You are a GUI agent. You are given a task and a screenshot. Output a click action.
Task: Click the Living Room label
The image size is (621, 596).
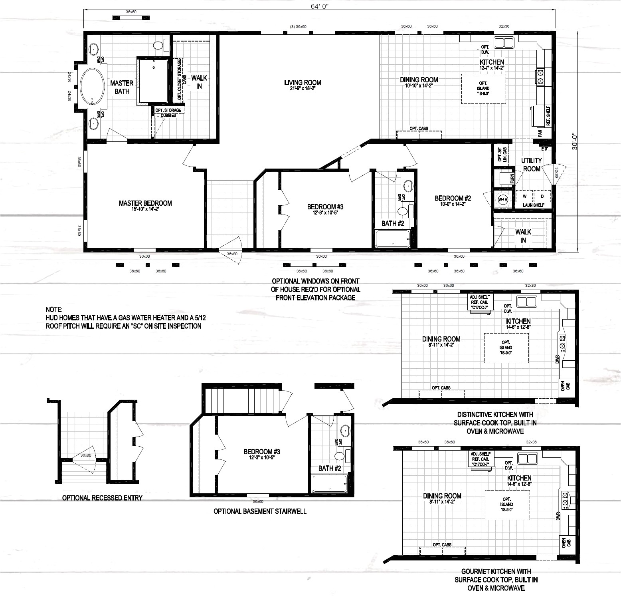click(303, 83)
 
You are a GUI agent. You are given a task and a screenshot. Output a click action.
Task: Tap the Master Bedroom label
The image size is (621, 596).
click(145, 203)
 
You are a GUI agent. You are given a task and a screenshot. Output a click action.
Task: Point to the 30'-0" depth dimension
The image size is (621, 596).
click(575, 141)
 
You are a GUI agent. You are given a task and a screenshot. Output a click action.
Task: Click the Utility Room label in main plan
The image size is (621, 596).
click(531, 164)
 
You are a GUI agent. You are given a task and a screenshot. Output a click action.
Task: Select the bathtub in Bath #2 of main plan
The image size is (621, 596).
click(393, 239)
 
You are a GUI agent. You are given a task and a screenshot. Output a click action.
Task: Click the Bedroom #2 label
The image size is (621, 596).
click(453, 198)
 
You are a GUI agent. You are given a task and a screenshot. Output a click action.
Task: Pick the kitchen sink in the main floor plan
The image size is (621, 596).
click(504, 42)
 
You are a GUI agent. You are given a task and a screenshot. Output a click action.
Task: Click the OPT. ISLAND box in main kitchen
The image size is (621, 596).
click(483, 88)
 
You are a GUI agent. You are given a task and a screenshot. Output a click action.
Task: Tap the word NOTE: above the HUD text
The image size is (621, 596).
click(53, 310)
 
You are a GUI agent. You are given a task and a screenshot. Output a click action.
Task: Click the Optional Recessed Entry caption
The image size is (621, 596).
click(102, 498)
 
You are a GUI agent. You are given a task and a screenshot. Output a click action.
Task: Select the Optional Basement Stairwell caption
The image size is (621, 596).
click(260, 511)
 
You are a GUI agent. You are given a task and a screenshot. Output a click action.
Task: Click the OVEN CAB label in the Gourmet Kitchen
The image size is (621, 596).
click(566, 542)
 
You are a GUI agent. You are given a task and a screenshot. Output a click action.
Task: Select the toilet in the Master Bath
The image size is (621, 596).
click(159, 45)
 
